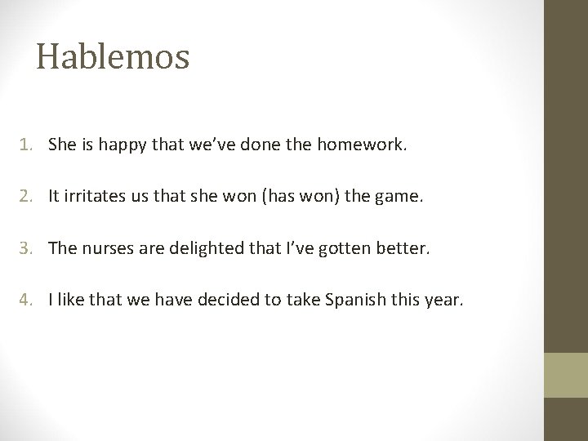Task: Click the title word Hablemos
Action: coord(113,56)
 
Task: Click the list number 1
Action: coord(27,145)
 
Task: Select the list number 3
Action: coord(27,249)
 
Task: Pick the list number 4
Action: coord(27,301)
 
